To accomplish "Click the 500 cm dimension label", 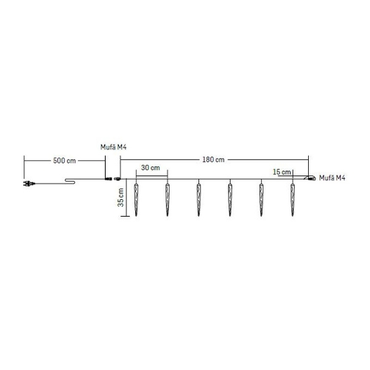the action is point(65,161).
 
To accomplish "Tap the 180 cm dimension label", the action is point(213,159).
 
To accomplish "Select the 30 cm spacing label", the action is point(150,168).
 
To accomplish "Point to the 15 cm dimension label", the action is point(282,172).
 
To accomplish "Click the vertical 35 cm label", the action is point(120,197).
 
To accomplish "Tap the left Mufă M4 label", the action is point(113,147).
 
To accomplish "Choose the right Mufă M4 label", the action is point(332,178).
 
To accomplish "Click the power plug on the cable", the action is point(29,184).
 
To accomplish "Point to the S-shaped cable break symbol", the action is point(70,181).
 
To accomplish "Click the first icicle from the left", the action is point(136,200).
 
